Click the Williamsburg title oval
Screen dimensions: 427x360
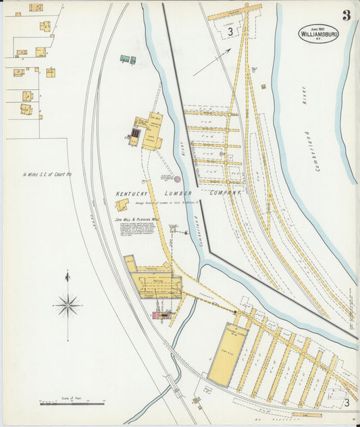tap(319, 34)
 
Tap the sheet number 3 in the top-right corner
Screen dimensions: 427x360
tap(345, 16)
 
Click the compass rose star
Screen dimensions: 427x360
tap(68, 306)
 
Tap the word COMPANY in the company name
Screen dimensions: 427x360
tap(226, 193)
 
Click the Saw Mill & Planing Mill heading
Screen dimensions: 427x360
tap(136, 220)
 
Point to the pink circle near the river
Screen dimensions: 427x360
tap(178, 179)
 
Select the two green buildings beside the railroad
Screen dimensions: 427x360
tap(128, 59)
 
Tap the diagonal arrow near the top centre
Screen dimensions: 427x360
tap(211, 62)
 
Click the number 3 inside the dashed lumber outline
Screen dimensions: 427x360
tap(230, 31)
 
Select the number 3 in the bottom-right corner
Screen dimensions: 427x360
tap(346, 403)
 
